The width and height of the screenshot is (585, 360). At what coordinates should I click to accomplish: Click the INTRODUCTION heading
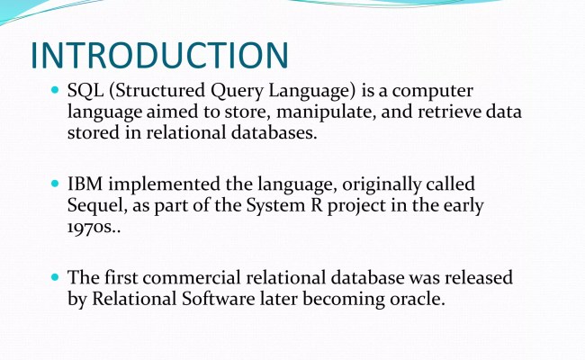click(x=159, y=55)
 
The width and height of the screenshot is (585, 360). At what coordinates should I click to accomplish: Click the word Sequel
click(x=97, y=205)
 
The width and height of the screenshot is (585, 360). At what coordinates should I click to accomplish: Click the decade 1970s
click(x=94, y=226)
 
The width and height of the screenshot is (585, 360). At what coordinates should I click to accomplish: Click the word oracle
click(x=414, y=299)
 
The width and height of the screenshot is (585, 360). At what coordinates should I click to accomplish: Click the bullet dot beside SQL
click(x=56, y=92)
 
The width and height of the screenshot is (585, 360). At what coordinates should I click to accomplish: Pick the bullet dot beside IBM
click(x=56, y=184)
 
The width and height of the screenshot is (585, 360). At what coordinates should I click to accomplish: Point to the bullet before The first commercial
click(x=56, y=278)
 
